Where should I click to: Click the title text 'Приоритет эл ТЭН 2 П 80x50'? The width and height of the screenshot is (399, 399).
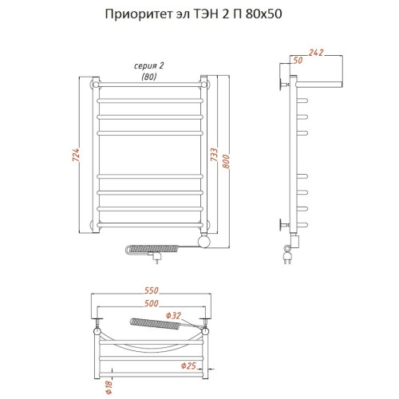click(195, 15)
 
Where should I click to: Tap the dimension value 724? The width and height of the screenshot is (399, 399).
click(76, 156)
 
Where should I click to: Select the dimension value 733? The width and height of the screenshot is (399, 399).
click(215, 156)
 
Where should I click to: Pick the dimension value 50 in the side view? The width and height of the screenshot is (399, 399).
click(298, 61)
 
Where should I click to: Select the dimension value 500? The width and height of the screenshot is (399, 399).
click(151, 305)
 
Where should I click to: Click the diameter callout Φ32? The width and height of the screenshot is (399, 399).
click(177, 315)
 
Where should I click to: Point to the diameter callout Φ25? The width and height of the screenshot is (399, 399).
click(189, 366)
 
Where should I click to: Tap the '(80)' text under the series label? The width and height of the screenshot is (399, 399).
click(148, 76)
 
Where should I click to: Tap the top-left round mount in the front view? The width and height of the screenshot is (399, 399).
click(96, 84)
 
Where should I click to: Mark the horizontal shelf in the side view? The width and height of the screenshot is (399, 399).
click(319, 81)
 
